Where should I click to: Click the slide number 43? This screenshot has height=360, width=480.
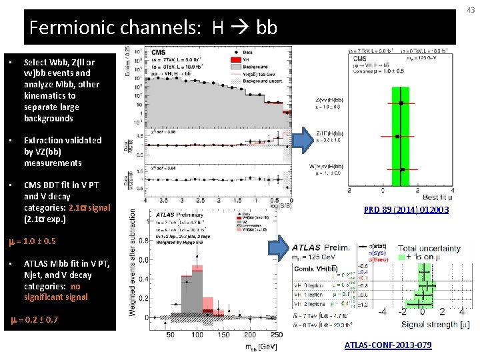(471, 9)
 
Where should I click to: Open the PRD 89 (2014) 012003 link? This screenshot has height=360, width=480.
(406, 210)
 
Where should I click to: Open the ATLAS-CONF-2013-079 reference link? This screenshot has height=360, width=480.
(387, 345)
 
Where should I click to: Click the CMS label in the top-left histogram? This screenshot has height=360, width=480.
(159, 52)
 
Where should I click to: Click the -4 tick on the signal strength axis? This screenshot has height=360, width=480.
(383, 311)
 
